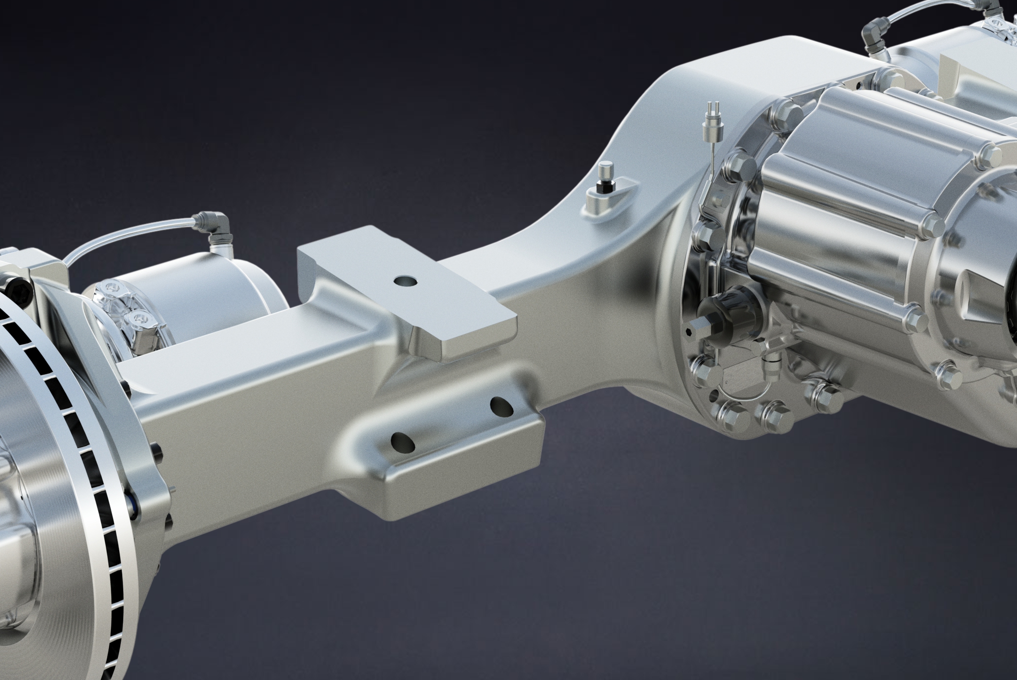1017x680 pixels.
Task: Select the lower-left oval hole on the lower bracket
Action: pos(402,442)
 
